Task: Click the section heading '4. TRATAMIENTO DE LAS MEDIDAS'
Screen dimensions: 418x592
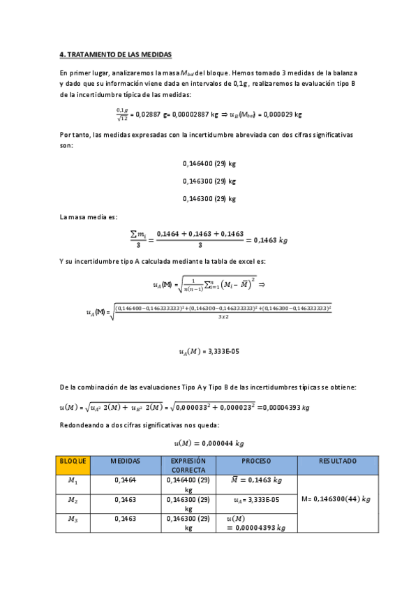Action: (115, 54)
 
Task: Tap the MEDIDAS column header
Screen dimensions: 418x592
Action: (125, 461)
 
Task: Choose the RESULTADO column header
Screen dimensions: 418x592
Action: (338, 461)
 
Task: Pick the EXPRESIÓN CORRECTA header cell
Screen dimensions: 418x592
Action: (188, 466)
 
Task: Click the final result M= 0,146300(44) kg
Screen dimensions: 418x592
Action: (338, 499)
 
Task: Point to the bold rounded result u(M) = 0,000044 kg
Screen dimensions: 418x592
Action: (209, 443)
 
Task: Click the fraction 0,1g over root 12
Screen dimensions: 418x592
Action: (122, 113)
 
